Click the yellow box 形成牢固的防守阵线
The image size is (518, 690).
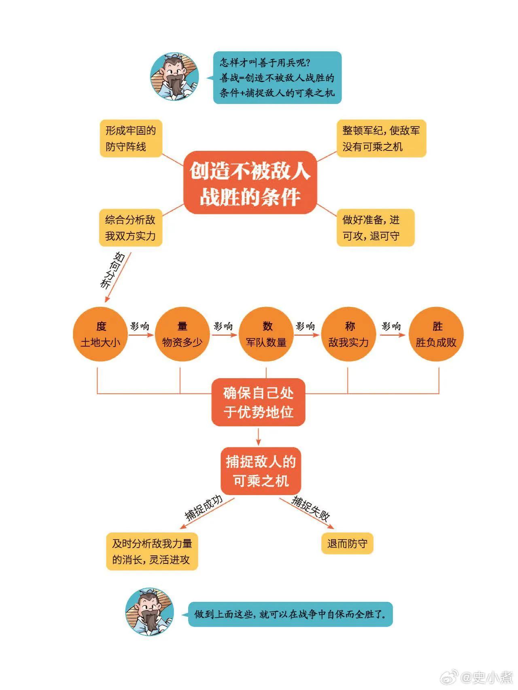tap(131, 138)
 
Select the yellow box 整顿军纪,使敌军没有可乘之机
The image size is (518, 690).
tap(381, 138)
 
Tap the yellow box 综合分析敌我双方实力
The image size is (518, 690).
tap(130, 228)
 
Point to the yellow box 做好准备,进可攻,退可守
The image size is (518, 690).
tap(376, 228)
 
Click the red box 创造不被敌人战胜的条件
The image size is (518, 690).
tap(250, 183)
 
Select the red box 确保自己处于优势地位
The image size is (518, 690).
tap(258, 402)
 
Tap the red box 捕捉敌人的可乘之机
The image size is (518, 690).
tap(261, 471)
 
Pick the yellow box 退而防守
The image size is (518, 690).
tap(347, 543)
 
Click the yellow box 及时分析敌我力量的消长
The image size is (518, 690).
tap(152, 552)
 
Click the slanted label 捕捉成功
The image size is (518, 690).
tap(204, 507)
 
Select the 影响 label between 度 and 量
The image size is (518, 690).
tap(140, 326)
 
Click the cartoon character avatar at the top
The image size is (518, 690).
tap(175, 76)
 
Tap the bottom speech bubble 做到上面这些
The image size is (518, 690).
tap(291, 614)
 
